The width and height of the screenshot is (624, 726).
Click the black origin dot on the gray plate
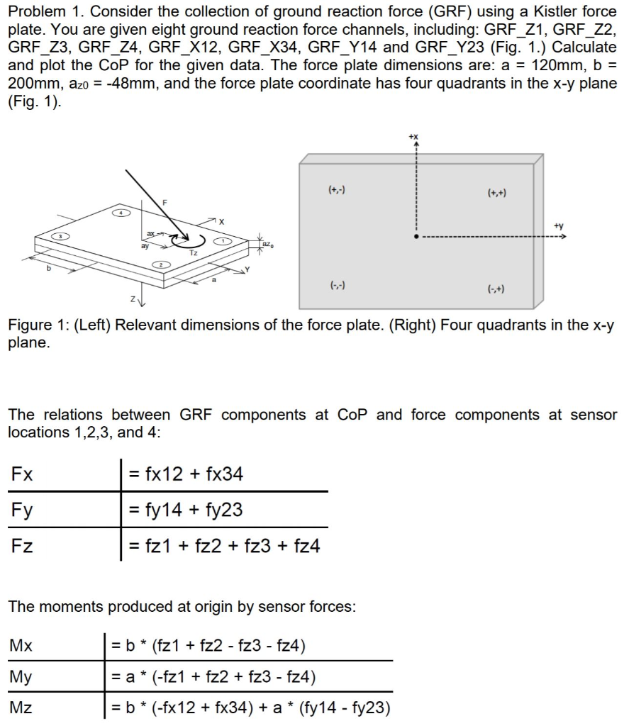tap(416, 238)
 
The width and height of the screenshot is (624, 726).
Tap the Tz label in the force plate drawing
tap(194, 252)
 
